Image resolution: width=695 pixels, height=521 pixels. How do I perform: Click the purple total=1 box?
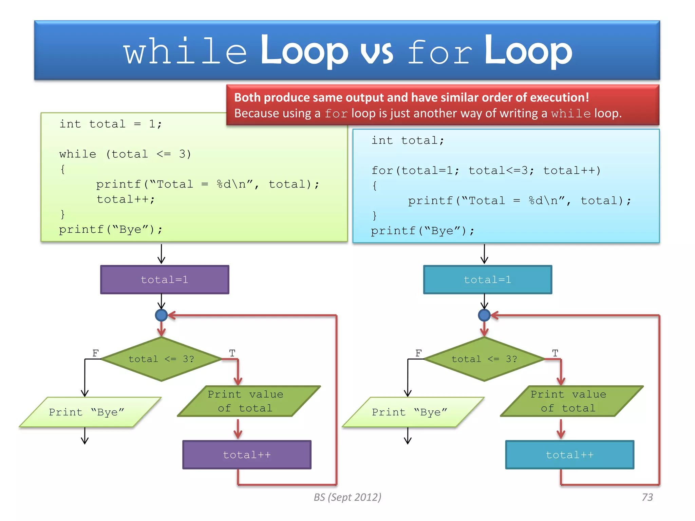[165, 280]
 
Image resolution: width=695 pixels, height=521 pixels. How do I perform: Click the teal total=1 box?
[488, 280]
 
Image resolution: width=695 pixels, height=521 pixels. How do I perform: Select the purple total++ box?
[247, 455]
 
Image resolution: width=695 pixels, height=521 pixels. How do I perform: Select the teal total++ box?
[570, 455]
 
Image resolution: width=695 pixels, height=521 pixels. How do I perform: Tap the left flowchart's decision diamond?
[162, 359]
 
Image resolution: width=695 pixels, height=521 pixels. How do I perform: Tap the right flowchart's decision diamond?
[485, 359]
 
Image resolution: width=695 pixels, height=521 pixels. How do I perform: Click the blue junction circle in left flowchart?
[161, 315]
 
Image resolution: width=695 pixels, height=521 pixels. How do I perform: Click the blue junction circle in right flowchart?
[484, 315]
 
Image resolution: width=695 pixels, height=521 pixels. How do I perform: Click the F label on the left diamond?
[96, 353]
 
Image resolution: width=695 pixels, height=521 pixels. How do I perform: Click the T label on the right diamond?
[555, 353]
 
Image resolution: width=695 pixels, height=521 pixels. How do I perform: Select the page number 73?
[647, 497]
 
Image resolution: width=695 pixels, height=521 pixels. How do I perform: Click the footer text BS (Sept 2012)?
[347, 497]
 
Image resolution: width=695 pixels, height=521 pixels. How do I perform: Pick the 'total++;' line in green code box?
[126, 199]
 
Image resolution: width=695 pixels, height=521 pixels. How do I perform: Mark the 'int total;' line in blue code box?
[408, 140]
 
